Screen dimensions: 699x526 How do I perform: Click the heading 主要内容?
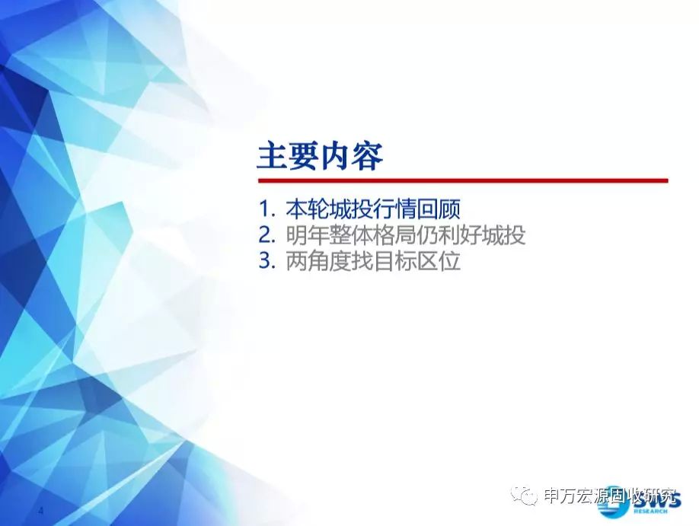(x=320, y=157)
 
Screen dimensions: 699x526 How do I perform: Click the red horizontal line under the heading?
(x=463, y=180)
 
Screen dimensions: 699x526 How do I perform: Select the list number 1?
(x=267, y=209)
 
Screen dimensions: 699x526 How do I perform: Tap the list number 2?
(x=267, y=235)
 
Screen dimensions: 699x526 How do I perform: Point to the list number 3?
(x=267, y=261)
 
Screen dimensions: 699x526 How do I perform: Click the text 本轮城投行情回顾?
(x=372, y=209)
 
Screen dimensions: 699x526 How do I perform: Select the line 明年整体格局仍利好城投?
(x=406, y=235)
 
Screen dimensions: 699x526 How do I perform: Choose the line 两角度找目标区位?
(x=372, y=261)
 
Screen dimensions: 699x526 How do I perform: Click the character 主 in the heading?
(x=273, y=157)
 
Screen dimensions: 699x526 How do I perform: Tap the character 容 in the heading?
(x=368, y=157)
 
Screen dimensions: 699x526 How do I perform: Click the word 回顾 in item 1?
(x=439, y=209)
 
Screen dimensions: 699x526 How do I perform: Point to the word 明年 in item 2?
(x=308, y=235)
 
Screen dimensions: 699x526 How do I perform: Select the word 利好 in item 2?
(x=460, y=235)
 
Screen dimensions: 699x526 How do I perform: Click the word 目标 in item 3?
(x=394, y=261)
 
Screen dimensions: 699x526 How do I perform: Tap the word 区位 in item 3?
(x=439, y=261)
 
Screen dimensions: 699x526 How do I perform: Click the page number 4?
(x=41, y=511)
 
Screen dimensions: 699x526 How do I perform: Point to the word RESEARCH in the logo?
(x=650, y=511)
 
